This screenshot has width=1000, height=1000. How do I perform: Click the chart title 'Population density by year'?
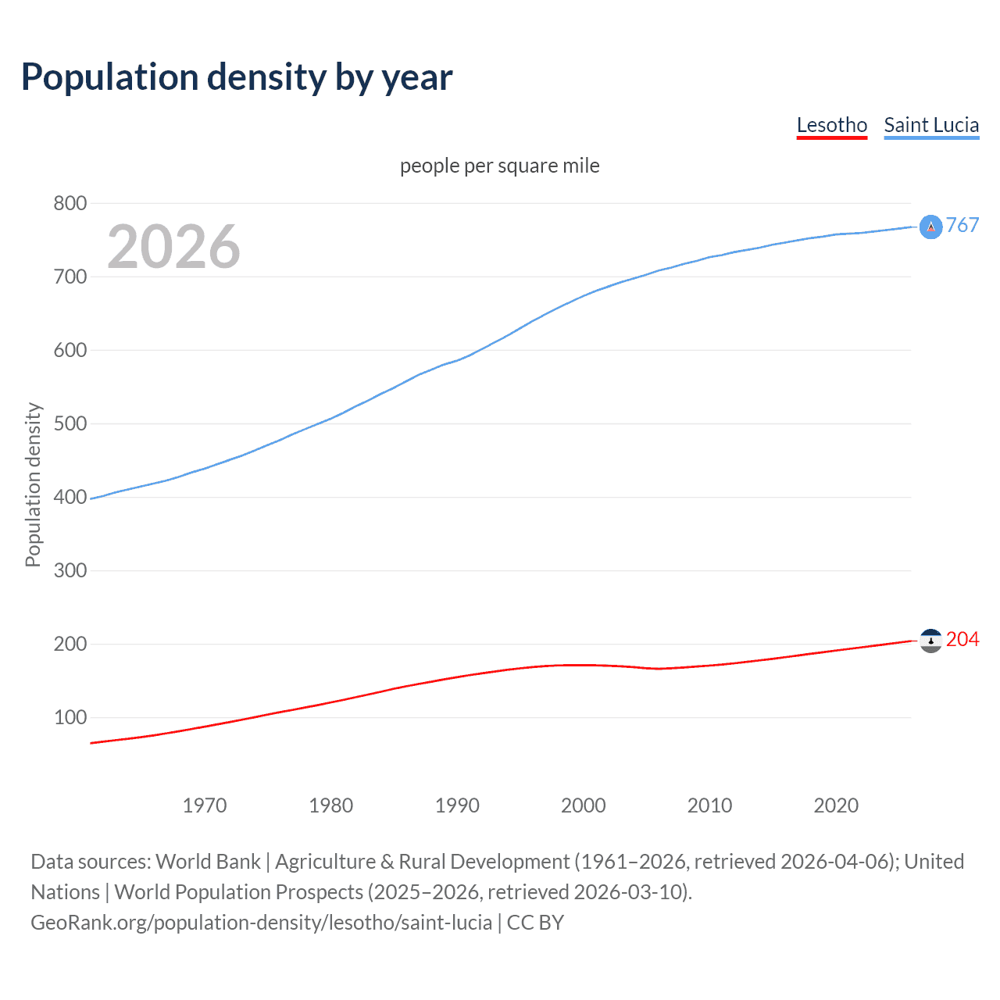pos(237,77)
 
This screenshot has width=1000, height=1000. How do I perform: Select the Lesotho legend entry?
pos(831,126)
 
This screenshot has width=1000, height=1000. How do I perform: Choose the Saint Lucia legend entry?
pos(931,126)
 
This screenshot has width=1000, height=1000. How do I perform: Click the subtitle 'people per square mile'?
pos(499,166)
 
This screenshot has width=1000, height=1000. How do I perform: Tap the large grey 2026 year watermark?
pos(173,247)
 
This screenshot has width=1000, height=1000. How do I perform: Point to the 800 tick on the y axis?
pos(70,204)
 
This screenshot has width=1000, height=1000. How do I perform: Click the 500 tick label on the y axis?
pos(70,424)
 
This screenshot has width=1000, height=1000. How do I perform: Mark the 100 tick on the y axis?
pos(70,718)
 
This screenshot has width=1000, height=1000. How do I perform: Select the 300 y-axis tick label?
pos(70,571)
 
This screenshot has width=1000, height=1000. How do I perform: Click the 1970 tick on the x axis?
pos(205,805)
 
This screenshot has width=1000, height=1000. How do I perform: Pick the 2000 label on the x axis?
pos(584,805)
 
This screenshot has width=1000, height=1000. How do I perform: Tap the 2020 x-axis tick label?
pos(836,805)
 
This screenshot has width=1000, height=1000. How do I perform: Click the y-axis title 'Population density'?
pos(33,484)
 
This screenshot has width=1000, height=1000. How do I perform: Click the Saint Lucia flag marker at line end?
pos(930,227)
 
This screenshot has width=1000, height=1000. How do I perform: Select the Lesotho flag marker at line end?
pos(930,641)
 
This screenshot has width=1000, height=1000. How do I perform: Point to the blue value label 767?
pos(962,226)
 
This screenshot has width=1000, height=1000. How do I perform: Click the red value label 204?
pos(962,640)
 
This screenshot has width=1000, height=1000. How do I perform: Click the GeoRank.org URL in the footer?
pos(261,923)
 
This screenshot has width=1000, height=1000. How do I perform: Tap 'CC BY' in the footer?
pos(535,923)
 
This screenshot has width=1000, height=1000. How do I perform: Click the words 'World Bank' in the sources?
pos(208,862)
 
